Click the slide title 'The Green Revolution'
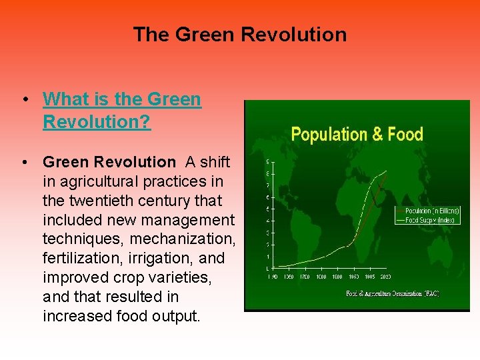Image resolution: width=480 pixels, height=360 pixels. [x=240, y=35]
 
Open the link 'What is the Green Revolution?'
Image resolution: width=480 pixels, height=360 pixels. [x=121, y=111]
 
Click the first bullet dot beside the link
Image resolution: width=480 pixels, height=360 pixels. [x=24, y=100]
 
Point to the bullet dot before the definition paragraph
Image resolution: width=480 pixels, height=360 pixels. [x=24, y=162]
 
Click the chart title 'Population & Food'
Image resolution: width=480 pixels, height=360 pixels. [x=357, y=135]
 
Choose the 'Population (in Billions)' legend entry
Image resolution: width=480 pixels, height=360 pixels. [x=432, y=211]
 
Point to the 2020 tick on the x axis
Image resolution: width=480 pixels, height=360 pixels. [x=385, y=277]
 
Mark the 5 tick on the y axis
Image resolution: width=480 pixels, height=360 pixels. [x=268, y=209]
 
